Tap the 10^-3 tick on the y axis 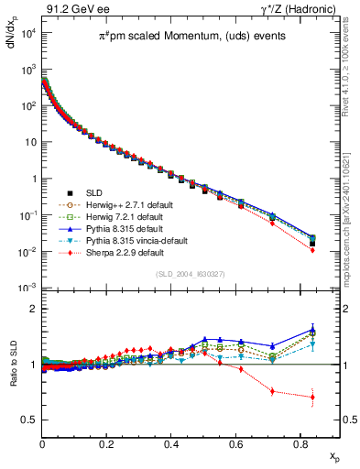(27, 288)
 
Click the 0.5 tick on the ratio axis (29, 420)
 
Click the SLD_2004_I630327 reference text (180, 274)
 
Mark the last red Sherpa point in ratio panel (312, 398)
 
